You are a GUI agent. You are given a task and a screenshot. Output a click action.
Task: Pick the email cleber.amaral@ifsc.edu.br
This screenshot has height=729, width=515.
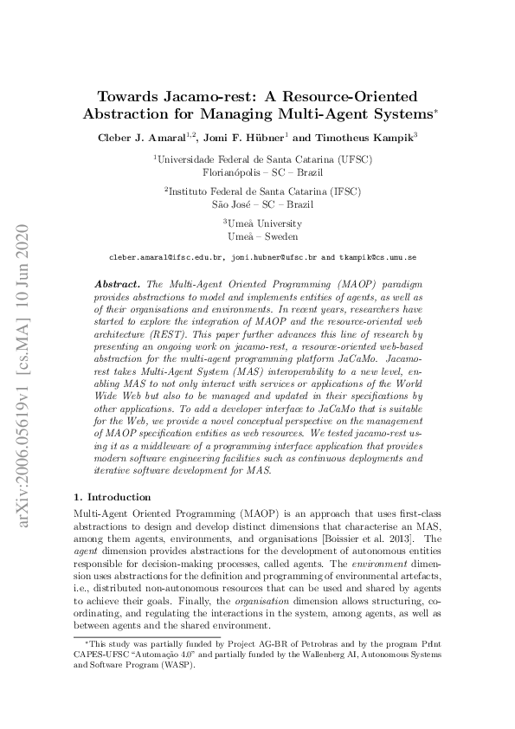point(164,257)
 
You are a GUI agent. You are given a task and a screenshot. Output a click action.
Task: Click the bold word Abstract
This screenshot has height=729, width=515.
point(118,284)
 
